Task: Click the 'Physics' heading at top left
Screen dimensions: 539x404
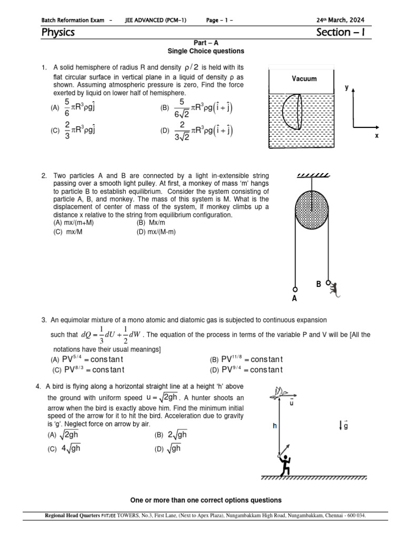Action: (x=58, y=33)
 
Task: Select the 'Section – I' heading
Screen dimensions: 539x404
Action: (x=340, y=33)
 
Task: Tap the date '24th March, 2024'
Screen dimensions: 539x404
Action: (x=340, y=20)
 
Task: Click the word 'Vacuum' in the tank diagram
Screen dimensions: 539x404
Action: (x=304, y=78)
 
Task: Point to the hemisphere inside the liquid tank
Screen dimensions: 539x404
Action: (x=292, y=112)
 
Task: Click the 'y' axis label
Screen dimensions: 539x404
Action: (x=347, y=87)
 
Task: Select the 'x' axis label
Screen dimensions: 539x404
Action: (x=377, y=135)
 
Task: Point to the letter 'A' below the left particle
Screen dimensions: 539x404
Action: (x=294, y=298)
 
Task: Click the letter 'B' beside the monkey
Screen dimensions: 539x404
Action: (x=318, y=284)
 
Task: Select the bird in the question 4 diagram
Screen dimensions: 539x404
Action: (x=280, y=391)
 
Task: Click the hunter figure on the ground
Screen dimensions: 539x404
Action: (x=285, y=462)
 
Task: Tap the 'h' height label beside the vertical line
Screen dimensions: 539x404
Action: (x=274, y=426)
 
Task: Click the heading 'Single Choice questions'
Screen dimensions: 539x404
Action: (x=206, y=51)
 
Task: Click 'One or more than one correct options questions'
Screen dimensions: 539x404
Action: (x=206, y=500)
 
